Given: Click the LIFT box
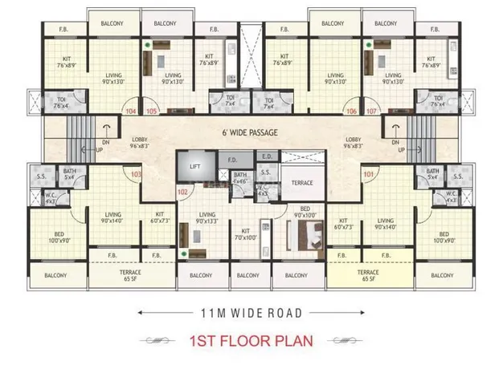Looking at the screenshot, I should (x=194, y=168).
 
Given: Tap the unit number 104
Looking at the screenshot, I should (x=131, y=111).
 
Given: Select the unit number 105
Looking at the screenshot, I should (x=151, y=111).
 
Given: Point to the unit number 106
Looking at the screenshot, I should (x=350, y=111).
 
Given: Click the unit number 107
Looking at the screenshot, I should (x=371, y=111).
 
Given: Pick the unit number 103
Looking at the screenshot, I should (x=136, y=173).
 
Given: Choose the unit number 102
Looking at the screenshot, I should (x=182, y=193).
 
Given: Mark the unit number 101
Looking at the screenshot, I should (x=369, y=173).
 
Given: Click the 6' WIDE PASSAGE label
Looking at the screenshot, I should (x=250, y=134).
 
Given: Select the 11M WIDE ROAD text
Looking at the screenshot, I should (x=251, y=311).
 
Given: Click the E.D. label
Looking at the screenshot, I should (x=267, y=157).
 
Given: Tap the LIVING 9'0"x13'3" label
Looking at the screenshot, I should (x=207, y=217).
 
